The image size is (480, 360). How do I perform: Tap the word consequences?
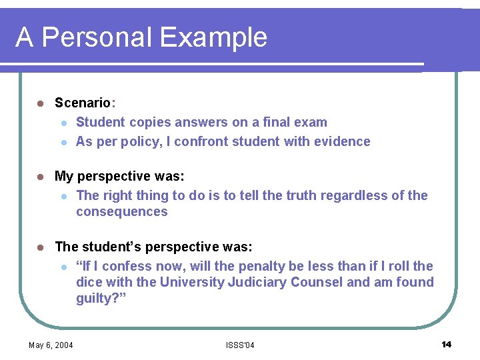pyautogui.click(x=122, y=212)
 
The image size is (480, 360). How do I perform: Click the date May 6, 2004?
pyautogui.click(x=51, y=345)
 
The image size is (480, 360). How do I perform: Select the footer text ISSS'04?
pyautogui.click(x=240, y=345)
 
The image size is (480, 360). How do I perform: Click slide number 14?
pyautogui.click(x=446, y=344)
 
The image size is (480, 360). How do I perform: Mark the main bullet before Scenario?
pyautogui.click(x=39, y=103)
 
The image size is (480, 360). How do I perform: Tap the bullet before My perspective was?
pyautogui.click(x=39, y=177)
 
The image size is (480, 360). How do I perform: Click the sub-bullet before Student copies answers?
pyautogui.click(x=62, y=123)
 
